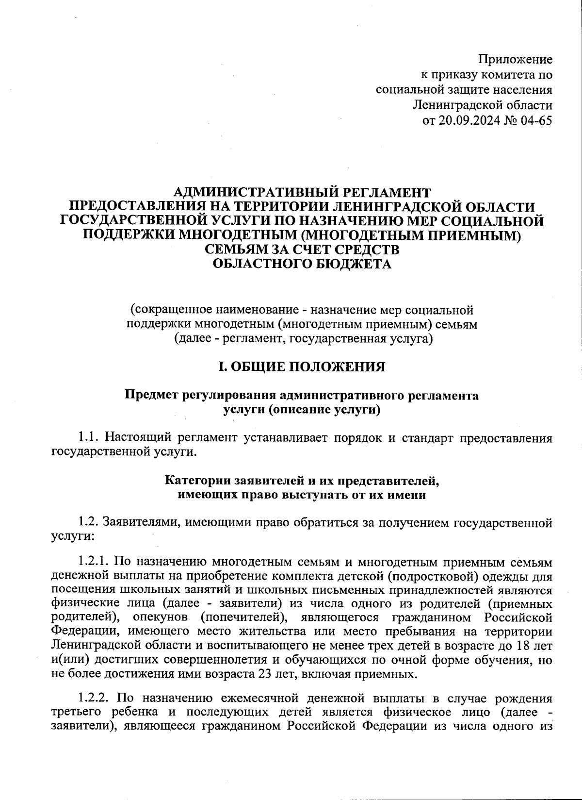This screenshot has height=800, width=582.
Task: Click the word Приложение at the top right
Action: (516, 60)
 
